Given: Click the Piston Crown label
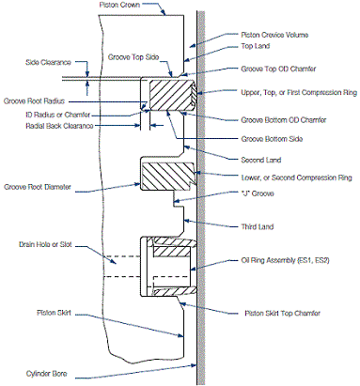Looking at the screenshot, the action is click(x=119, y=5).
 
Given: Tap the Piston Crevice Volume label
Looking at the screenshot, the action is click(x=274, y=35).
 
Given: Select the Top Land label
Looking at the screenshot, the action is click(x=256, y=46).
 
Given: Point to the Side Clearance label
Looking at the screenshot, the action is click(x=48, y=62).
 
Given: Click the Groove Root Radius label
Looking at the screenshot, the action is click(x=34, y=101).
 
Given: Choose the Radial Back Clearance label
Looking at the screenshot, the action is click(x=59, y=126).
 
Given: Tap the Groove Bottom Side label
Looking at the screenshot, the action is click(x=272, y=139).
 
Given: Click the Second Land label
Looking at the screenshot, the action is click(x=261, y=160).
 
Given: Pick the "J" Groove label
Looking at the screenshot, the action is click(x=258, y=193).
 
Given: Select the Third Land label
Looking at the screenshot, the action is click(x=258, y=226).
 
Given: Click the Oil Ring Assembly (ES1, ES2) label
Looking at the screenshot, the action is click(x=285, y=260).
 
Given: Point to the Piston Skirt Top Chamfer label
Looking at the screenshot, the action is click(x=283, y=313).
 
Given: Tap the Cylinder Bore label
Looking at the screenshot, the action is click(x=46, y=374).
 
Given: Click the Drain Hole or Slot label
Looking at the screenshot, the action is click(x=45, y=244).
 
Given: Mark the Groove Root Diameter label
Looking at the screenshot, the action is click(x=38, y=187).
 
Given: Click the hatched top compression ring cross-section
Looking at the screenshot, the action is click(x=172, y=95).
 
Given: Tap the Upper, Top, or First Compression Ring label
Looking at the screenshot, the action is click(x=299, y=93).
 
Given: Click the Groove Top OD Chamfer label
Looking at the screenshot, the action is click(x=278, y=69).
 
